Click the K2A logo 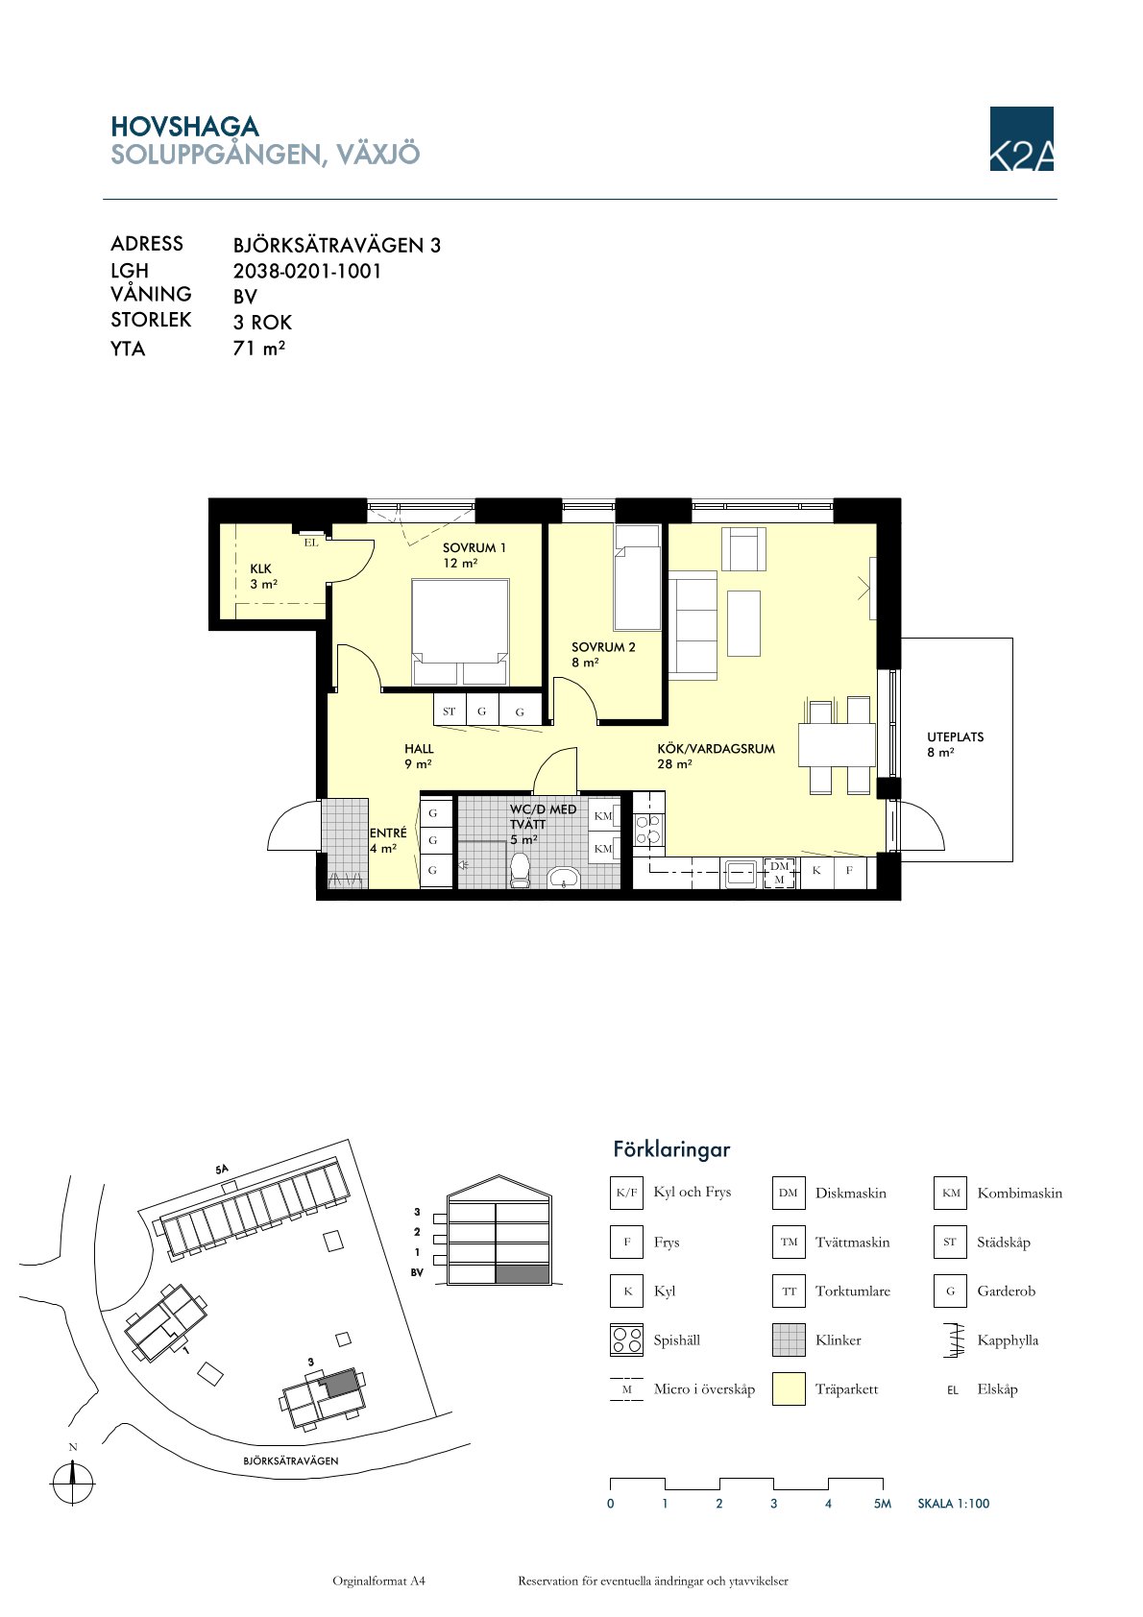1021,138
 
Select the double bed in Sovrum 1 460,632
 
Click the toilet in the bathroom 520,870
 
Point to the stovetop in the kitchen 648,830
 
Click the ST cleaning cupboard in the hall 450,712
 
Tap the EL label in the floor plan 310,543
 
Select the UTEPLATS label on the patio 956,737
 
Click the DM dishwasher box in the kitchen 779,873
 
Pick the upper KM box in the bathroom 603,816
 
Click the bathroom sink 564,878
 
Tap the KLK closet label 260,568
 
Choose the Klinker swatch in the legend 789,1340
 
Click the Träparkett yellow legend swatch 789,1389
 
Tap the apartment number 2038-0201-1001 306,272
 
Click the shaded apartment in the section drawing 523,1275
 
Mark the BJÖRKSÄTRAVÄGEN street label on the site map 291,1460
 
